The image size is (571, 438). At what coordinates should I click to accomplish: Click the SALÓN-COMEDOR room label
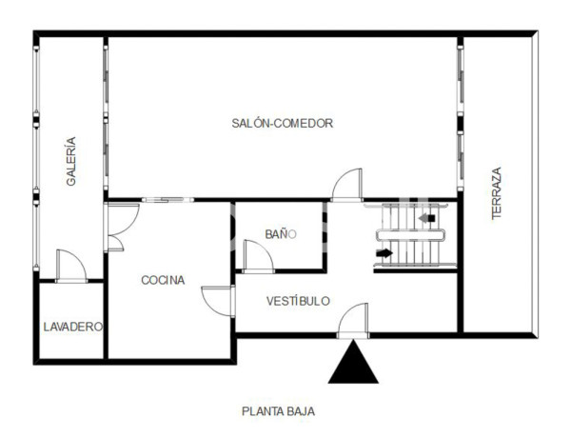tap(282, 123)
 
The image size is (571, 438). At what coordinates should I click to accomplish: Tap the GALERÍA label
tap(71, 161)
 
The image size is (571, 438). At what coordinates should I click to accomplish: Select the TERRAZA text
tap(496, 194)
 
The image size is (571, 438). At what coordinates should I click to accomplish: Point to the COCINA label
tap(163, 280)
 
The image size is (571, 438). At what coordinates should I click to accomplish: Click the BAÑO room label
tap(280, 233)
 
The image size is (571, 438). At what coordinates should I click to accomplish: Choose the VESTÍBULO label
tap(298, 301)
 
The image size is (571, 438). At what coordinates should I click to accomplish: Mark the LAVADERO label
tap(72, 327)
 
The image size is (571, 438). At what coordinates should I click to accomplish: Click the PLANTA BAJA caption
tap(278, 411)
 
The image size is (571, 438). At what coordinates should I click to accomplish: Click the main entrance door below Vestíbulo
tap(353, 321)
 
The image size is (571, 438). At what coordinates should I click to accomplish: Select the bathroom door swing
tap(258, 256)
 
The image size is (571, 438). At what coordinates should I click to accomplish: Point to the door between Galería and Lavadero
tap(70, 266)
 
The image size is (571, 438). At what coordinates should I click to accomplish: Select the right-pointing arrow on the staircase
tap(384, 253)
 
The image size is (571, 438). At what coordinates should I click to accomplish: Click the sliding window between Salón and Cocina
tap(168, 200)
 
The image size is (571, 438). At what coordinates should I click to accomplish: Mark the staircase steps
tap(414, 236)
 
